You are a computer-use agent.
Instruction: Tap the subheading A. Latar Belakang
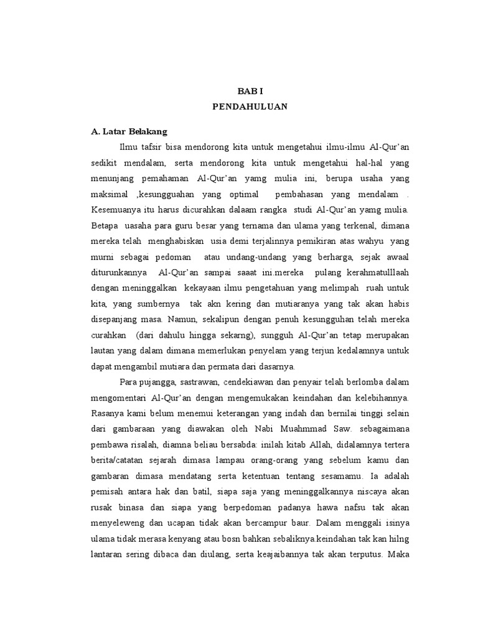point(129,132)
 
